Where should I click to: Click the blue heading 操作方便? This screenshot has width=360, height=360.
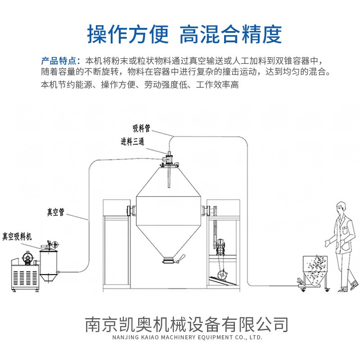pos(128,34)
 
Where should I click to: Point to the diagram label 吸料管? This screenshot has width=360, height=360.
pos(141,129)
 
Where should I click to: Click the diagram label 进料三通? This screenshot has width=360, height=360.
pos(132,143)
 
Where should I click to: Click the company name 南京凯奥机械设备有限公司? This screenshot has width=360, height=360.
pos(186,324)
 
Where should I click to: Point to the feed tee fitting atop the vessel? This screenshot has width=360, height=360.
pos(168,158)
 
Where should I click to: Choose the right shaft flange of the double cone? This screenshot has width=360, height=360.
pos(207,210)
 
